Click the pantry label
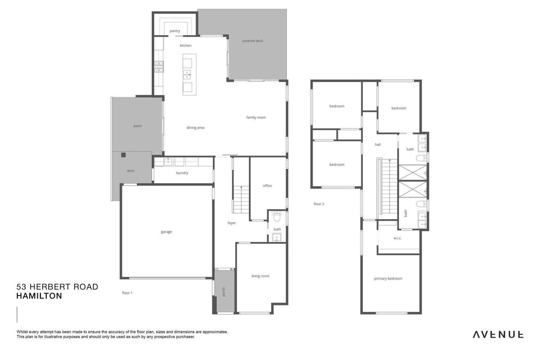coord(174,31)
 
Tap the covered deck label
coord(252,41)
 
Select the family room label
coord(256,117)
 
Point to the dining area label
coord(195,128)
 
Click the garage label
coord(166,232)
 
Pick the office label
coord(267,185)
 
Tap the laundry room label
coord(182,173)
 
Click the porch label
coord(223,292)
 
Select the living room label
coord(260,276)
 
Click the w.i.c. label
coord(397,238)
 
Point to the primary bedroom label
coord(388,279)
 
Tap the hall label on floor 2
coord(378,144)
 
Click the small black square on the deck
coord(124,155)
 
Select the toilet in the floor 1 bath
coord(277,217)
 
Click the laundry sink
coord(168,162)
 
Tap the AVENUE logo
coord(498,335)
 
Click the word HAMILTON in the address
coord(39,296)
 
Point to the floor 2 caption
coord(319,204)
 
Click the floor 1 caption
coord(127,293)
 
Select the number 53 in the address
coord(21,287)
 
